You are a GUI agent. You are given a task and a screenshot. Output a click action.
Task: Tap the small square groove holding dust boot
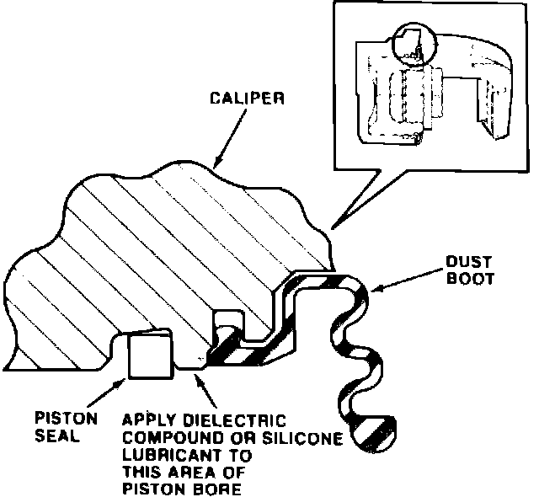pos(226,323)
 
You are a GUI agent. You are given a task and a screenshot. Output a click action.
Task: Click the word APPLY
pos(147,419)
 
